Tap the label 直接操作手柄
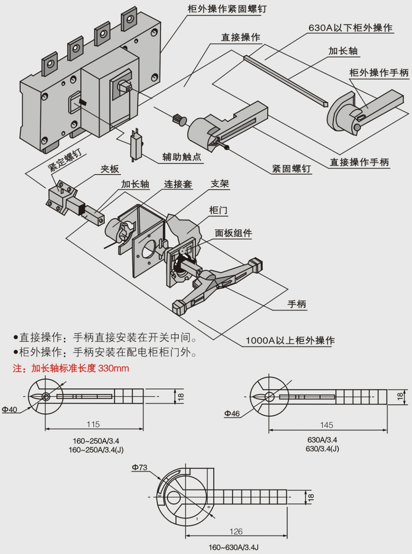359,162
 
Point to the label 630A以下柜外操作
350,28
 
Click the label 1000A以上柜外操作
290,341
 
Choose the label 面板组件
233,233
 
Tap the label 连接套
179,184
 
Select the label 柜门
217,210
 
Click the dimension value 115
93,424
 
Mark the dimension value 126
236,532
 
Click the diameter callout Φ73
140,468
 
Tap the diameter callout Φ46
232,414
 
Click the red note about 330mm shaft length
71,369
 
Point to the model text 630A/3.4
322,440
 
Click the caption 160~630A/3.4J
234,547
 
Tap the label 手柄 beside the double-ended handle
297,304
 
